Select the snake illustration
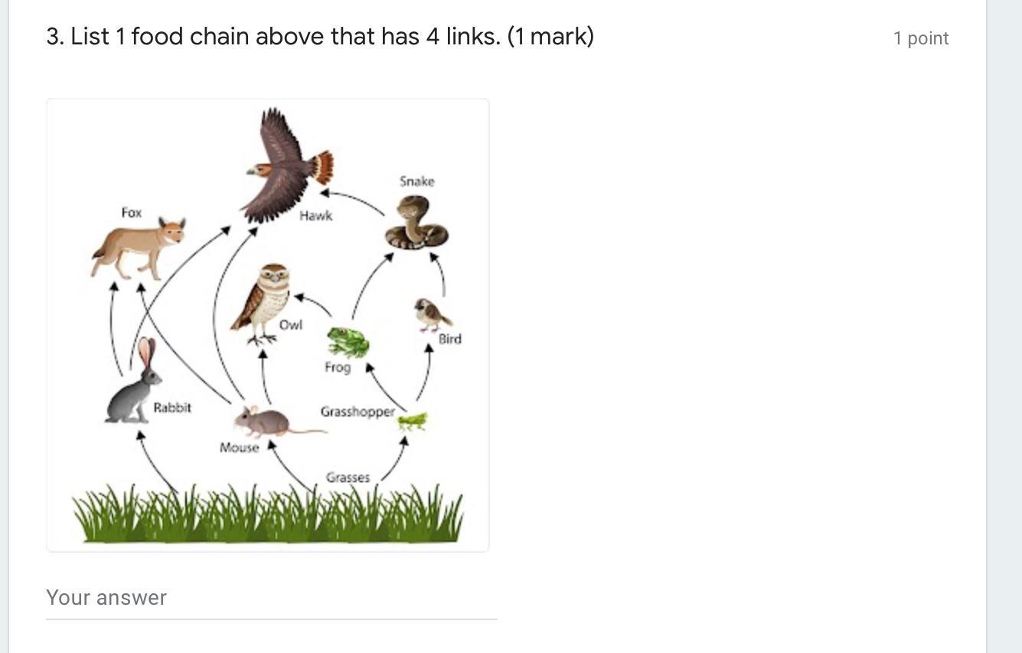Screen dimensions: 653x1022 point(416,224)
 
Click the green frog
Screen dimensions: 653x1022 point(348,342)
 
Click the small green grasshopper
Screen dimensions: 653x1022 point(412,421)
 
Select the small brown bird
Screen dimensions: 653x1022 point(430,314)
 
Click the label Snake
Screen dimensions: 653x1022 point(416,181)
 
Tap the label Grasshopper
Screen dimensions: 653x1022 point(358,412)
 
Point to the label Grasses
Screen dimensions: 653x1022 point(348,478)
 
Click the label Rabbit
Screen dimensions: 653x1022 point(172,408)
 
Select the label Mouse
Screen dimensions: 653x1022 point(239,448)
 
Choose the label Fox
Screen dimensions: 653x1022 point(132,213)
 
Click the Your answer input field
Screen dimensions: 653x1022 point(271,598)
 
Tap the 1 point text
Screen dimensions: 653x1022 point(920,38)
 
